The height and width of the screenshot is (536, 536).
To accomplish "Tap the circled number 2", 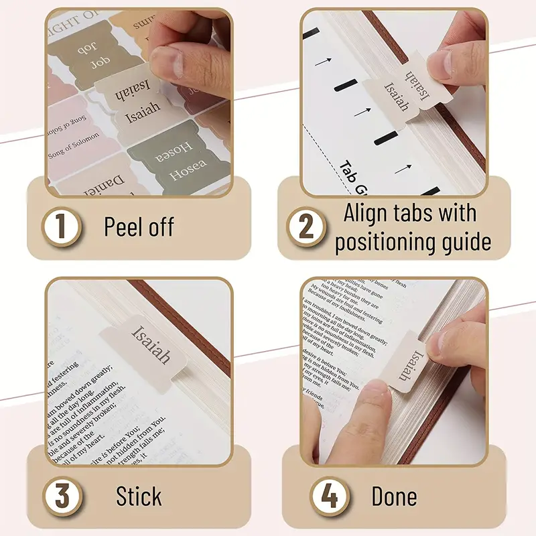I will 306,227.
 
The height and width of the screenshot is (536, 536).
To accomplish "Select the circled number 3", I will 61,496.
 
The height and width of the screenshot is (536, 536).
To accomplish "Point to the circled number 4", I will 328,496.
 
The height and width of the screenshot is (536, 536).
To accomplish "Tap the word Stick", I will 139,496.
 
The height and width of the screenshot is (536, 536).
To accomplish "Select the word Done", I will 394,496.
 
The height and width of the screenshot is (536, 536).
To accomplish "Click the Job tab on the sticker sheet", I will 86,54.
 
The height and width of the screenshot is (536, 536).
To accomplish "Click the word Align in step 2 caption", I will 368,213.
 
